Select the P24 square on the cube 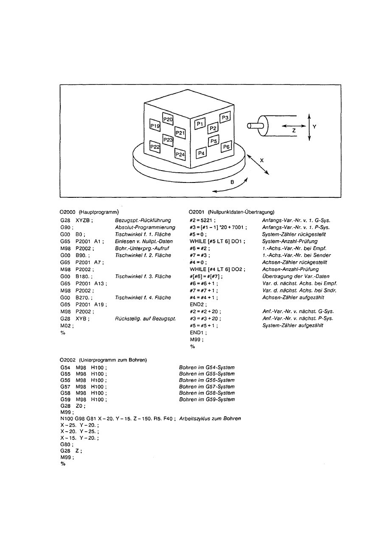click(180, 154)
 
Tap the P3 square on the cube click(225, 118)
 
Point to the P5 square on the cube click(213, 140)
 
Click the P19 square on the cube click(155, 126)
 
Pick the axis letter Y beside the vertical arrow click(314, 126)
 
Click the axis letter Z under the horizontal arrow click(294, 132)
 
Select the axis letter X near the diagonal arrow click(262, 160)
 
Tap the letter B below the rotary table click(232, 182)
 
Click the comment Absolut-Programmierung click(145, 227)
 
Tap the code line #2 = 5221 click(202, 220)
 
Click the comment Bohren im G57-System click(207, 387)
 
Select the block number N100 click(67, 418)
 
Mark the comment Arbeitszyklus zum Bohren click(210, 418)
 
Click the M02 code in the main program click(67, 326)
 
